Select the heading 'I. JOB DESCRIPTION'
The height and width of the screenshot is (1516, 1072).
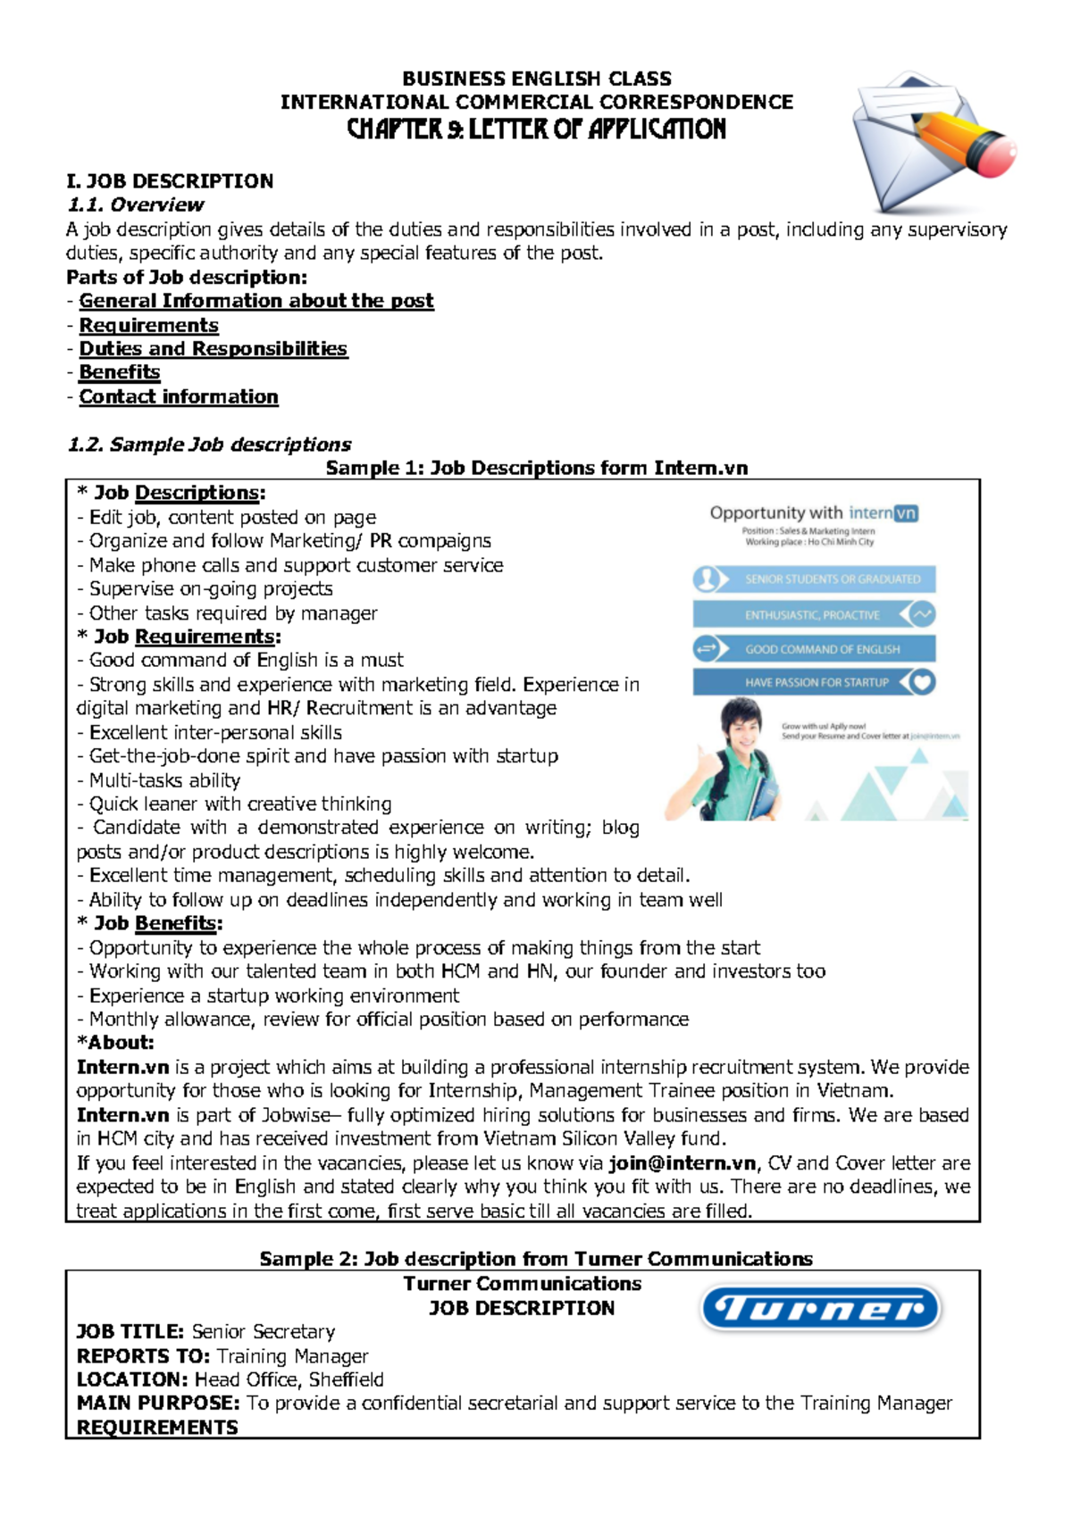[x=170, y=181]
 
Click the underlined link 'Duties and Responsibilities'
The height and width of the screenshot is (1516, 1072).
[x=213, y=349]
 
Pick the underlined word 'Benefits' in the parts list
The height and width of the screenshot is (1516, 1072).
[x=120, y=372]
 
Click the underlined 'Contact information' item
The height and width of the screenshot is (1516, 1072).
[x=179, y=396]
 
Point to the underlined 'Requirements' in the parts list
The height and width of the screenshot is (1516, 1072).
[x=148, y=325]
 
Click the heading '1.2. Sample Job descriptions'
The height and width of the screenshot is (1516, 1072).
[x=209, y=445]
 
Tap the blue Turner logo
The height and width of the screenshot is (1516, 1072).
[x=820, y=1309]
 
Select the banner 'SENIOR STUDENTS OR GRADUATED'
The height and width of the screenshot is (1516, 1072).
[x=815, y=579]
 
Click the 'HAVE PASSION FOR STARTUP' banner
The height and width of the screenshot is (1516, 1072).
[x=815, y=683]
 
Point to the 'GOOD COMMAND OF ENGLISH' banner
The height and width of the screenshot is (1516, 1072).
[x=815, y=649]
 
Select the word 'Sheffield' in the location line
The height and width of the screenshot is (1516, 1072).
[x=346, y=1379]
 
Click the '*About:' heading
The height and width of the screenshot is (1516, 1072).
[x=115, y=1043]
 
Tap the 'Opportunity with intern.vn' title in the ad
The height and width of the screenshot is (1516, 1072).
[x=813, y=513]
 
